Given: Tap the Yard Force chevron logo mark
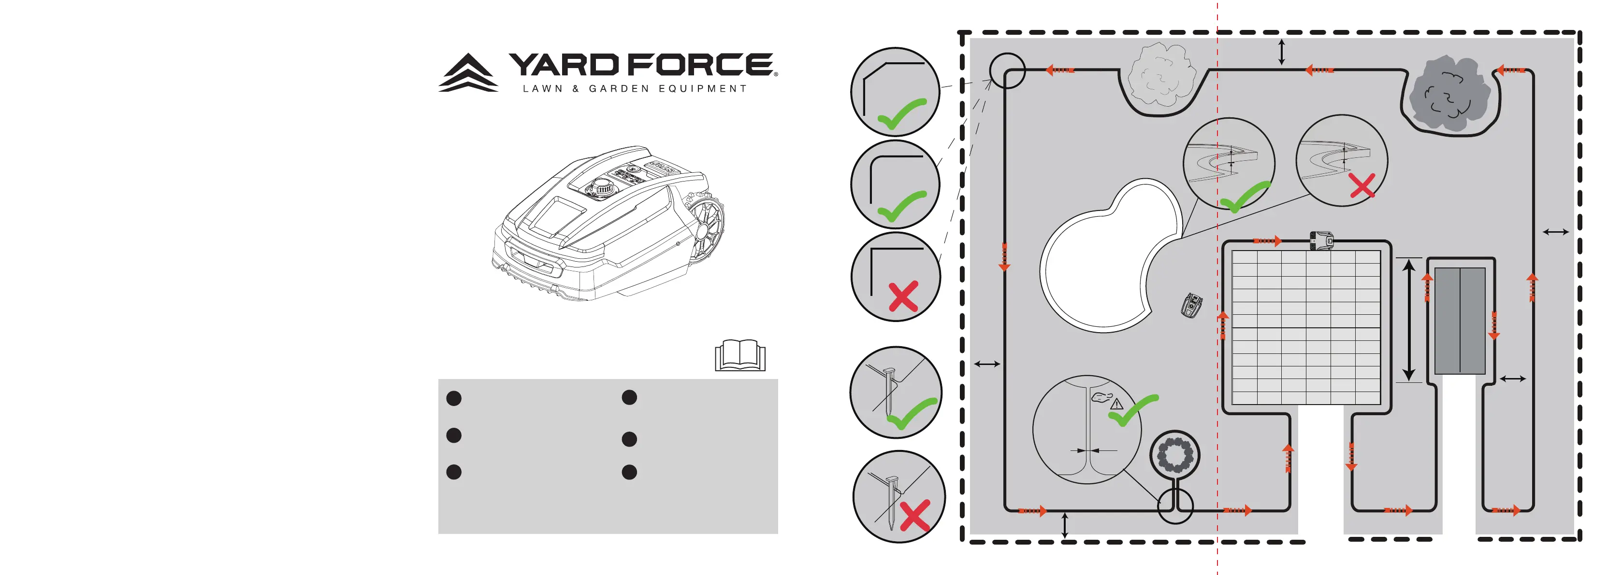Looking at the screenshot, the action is [x=468, y=73].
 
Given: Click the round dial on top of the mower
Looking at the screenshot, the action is [x=602, y=186].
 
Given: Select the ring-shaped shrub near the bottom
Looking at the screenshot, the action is [x=1175, y=455].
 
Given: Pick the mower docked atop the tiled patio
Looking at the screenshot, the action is [x=1321, y=240].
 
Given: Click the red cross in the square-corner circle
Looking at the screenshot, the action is [x=903, y=297].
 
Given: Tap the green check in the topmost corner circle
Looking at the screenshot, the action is [x=902, y=114].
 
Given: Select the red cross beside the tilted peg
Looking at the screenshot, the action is [x=915, y=515].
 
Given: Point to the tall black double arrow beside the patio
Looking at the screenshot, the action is [x=1409, y=320].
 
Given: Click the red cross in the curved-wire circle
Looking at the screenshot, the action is [x=1362, y=187].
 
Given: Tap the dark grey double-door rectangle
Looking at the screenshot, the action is [x=1460, y=321].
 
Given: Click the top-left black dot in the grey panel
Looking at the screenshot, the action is [x=453, y=398].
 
